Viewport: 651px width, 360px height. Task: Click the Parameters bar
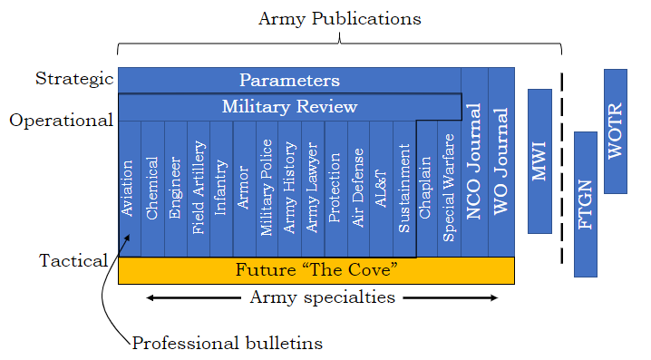pyautogui.click(x=289, y=80)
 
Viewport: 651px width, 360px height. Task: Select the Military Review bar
pyautogui.click(x=289, y=107)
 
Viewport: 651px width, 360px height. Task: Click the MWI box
pyautogui.click(x=539, y=161)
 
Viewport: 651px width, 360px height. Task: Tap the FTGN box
pyautogui.click(x=585, y=204)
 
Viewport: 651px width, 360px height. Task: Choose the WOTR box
pyautogui.click(x=616, y=131)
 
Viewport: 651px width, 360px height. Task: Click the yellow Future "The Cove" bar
pyautogui.click(x=316, y=270)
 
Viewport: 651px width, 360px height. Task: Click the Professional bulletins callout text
pyautogui.click(x=227, y=343)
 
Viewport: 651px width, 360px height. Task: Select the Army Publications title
pyautogui.click(x=340, y=18)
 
